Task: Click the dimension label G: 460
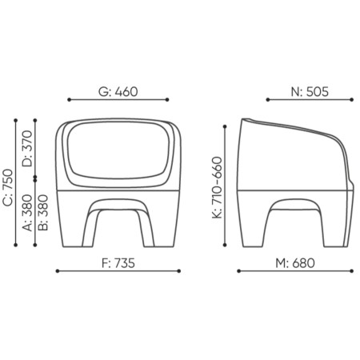118,91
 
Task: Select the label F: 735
118,262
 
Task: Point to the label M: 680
294,262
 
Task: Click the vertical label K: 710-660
217,188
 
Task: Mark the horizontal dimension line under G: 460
118,101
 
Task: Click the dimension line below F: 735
118,271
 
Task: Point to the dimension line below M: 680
294,271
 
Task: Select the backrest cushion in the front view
118,152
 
